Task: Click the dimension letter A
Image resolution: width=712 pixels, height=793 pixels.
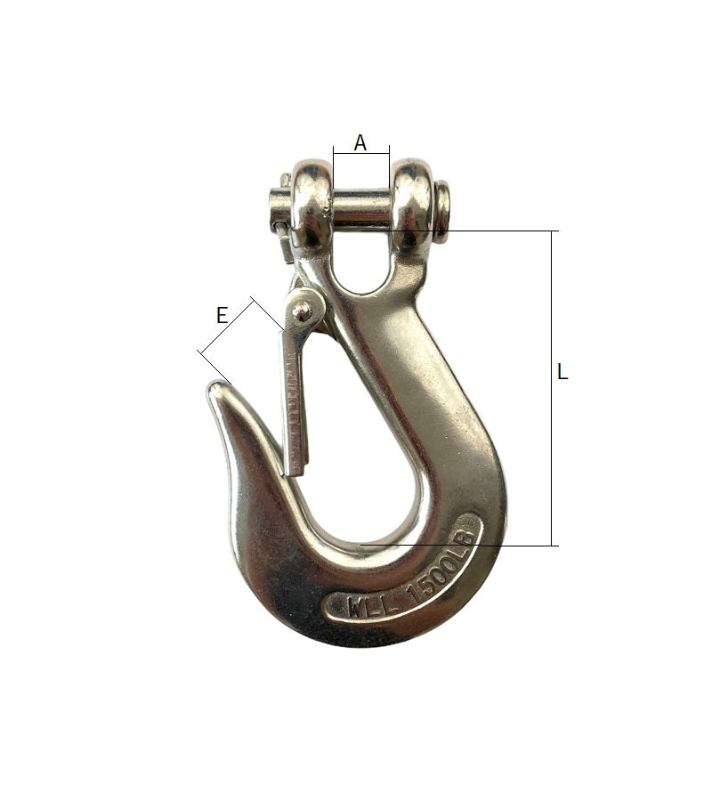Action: coord(360,143)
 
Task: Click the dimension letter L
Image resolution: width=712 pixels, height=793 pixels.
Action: coord(562,372)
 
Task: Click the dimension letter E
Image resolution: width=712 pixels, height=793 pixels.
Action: coord(222,316)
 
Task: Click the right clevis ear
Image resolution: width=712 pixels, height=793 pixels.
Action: coord(412,204)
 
